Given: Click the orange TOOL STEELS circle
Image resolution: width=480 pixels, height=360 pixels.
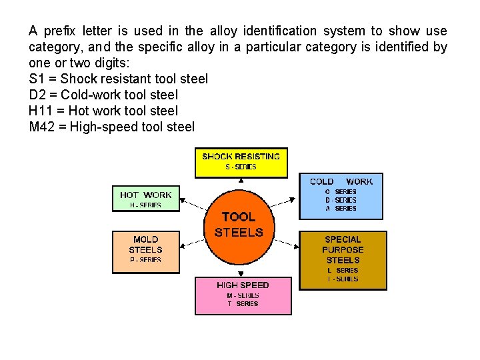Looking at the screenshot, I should tap(239, 225).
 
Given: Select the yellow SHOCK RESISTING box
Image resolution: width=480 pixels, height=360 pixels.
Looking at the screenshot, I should tap(241, 162).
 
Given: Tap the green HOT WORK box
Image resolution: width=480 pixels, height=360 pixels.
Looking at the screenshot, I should tap(146, 198).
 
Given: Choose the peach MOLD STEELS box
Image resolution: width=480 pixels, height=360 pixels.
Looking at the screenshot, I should tap(146, 251).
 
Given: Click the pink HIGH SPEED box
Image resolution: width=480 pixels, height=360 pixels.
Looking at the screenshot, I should tap(243, 295).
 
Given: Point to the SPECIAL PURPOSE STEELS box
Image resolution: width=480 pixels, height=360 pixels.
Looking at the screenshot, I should tap(343, 259).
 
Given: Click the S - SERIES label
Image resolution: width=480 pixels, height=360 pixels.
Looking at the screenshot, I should tap(241, 167).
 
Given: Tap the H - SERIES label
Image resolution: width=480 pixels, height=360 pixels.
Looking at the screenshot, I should tap(146, 205).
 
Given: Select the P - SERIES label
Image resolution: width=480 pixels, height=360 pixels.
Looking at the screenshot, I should tap(146, 260).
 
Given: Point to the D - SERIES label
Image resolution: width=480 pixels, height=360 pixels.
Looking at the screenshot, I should tap(341, 200).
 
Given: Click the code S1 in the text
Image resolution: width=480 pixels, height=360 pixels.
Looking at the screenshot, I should tap(37, 79).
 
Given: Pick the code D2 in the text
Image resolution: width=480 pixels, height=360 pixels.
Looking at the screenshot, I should tap(38, 95).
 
